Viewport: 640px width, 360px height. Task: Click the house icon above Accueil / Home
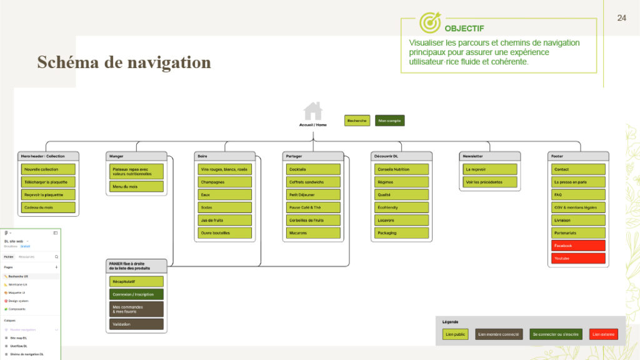313,111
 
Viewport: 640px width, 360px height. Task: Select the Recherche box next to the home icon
357,121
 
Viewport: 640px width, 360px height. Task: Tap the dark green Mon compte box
389,121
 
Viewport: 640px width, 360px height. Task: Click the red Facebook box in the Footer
578,246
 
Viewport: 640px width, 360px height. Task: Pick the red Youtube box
578,258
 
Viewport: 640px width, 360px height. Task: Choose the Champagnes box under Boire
225,182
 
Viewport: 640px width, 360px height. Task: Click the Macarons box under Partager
313,233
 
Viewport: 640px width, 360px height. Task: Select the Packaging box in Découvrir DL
402,233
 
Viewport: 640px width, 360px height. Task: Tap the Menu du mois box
136,187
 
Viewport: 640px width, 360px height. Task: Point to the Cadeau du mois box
48,207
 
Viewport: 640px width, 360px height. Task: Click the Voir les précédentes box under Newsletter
491,182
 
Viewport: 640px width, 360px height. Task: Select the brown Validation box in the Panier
136,324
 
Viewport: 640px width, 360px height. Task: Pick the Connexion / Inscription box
136,294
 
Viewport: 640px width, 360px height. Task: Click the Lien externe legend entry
603,334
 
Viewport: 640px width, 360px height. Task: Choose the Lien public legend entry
455,334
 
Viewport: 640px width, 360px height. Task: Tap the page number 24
621,17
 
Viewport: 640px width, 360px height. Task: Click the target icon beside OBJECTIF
430,22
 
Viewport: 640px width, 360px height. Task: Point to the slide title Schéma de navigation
124,62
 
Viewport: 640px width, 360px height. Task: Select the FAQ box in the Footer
578,194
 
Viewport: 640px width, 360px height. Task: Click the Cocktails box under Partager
313,169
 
